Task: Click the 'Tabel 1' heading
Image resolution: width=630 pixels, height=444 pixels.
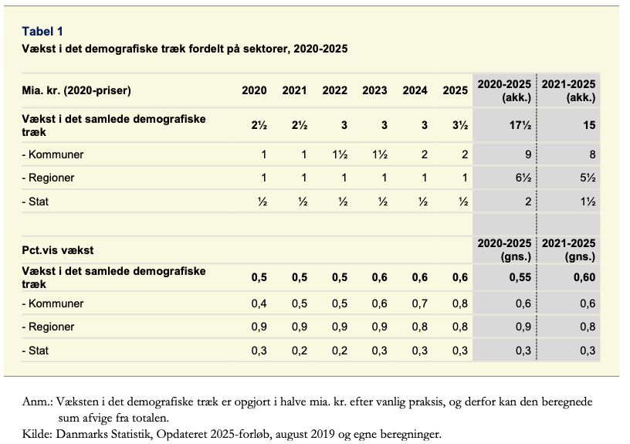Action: click(42, 32)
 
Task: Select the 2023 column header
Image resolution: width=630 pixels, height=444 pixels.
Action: click(374, 90)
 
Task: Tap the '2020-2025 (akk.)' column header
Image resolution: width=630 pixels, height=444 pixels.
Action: click(504, 91)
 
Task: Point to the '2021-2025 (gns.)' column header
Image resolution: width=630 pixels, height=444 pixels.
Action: click(568, 250)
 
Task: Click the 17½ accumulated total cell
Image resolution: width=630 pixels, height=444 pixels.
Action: click(520, 125)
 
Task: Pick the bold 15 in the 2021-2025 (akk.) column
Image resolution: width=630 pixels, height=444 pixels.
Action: click(589, 125)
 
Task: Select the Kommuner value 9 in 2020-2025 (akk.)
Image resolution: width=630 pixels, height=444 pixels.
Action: click(528, 154)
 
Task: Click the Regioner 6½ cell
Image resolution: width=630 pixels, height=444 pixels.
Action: click(523, 178)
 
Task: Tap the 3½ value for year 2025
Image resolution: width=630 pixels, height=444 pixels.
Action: click(460, 125)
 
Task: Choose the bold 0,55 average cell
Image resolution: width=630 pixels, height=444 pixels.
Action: click(520, 277)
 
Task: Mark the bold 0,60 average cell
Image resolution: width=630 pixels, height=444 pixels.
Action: click(584, 277)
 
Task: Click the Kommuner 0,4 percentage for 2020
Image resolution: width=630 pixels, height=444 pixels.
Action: click(259, 303)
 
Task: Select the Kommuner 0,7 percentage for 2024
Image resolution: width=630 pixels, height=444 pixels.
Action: click(420, 303)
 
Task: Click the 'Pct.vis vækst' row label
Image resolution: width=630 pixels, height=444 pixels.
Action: click(58, 250)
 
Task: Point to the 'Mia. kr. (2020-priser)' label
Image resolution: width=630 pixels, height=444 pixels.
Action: click(76, 90)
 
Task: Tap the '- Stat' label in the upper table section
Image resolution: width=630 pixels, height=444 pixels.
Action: click(36, 202)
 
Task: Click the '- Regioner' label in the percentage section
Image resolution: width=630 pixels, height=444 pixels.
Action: click(48, 327)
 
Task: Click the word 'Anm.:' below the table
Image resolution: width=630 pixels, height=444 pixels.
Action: click(37, 402)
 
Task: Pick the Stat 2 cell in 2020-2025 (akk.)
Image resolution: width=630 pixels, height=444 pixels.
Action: click(528, 202)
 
